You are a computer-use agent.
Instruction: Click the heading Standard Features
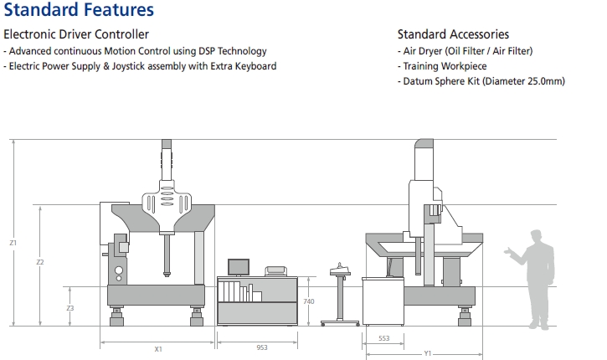coord(79,11)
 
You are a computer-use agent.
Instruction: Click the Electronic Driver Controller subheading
coord(76,34)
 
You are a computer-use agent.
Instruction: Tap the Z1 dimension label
coord(13,243)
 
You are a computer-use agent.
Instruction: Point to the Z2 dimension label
coord(40,263)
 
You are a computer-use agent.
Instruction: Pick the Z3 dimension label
coord(70,309)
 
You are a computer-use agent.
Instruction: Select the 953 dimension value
coord(262,346)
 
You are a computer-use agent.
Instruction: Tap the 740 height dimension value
coord(309,301)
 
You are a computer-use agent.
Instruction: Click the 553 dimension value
coord(383,337)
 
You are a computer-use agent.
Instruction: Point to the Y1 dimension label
coord(427,353)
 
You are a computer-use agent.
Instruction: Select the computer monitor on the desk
coord(239,267)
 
